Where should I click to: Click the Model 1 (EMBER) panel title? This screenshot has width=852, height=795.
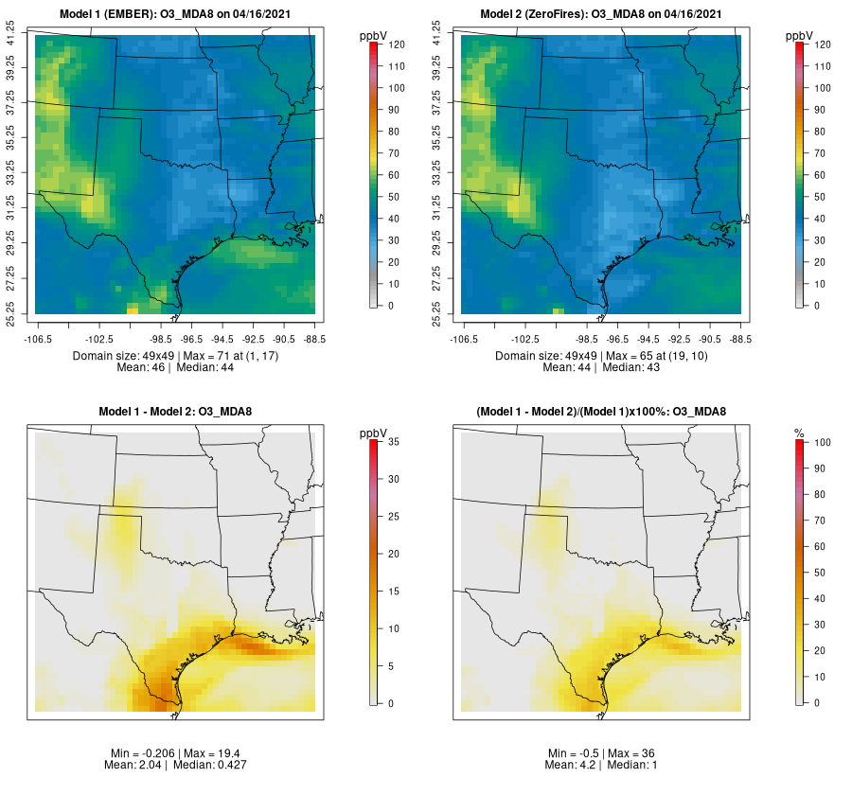click(x=180, y=14)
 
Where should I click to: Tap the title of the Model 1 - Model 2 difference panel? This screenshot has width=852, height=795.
click(x=180, y=412)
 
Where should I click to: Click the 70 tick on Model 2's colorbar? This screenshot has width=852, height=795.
click(x=822, y=153)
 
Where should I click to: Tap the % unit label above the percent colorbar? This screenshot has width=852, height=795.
click(x=799, y=433)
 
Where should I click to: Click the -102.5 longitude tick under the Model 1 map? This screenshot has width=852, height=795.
click(x=99, y=338)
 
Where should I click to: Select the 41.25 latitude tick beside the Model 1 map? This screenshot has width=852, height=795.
click(x=12, y=37)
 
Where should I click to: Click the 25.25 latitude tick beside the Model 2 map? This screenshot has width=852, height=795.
click(x=436, y=313)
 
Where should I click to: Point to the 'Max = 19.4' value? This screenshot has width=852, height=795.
click(x=215, y=752)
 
